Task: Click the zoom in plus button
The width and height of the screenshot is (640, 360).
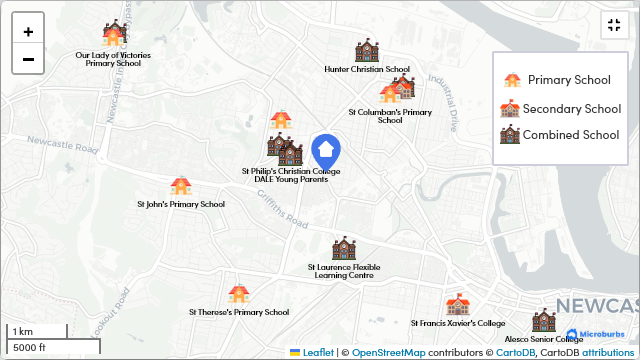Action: coord(28,31)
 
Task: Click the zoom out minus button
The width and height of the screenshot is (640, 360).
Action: coord(28,59)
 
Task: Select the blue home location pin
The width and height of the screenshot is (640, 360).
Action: coord(325,152)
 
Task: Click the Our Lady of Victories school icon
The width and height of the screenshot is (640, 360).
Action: coord(114,35)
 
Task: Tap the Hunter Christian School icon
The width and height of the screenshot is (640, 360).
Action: coord(367,52)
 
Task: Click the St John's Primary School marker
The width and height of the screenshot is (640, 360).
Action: coord(181,186)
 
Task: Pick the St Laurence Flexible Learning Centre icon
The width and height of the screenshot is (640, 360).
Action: coord(344,248)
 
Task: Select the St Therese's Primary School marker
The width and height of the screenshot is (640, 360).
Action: coord(238,294)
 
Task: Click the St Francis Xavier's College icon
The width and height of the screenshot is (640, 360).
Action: coord(458,305)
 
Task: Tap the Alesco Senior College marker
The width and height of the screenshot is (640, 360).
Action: coord(543,320)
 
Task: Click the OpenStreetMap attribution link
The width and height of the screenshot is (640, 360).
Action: coord(388,353)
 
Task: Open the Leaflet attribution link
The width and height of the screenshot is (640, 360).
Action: coord(318,353)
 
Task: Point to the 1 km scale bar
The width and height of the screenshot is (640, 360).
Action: coord(37,332)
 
